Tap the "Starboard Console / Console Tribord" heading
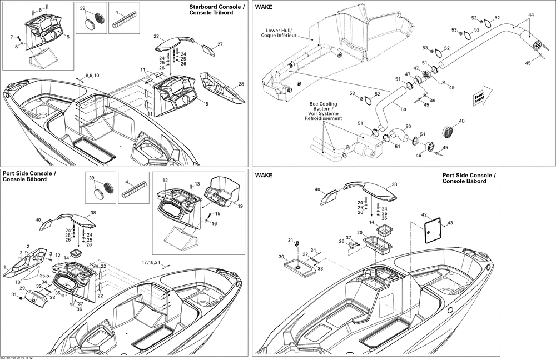(216, 9)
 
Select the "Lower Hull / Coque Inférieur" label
(279, 33)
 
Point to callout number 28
(241, 84)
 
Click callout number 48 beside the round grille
(461, 121)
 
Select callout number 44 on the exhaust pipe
(531, 15)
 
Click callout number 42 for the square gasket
(424, 215)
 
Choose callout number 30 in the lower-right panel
(281, 257)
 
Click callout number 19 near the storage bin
(240, 206)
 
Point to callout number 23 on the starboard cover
(156, 36)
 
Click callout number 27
(220, 44)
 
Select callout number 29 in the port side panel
(22, 288)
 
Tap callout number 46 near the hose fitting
(419, 155)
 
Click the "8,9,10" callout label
(92, 75)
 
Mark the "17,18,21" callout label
(151, 262)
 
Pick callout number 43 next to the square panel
(450, 223)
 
